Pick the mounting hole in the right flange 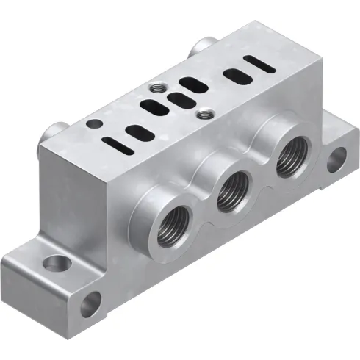click(x=337, y=156)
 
